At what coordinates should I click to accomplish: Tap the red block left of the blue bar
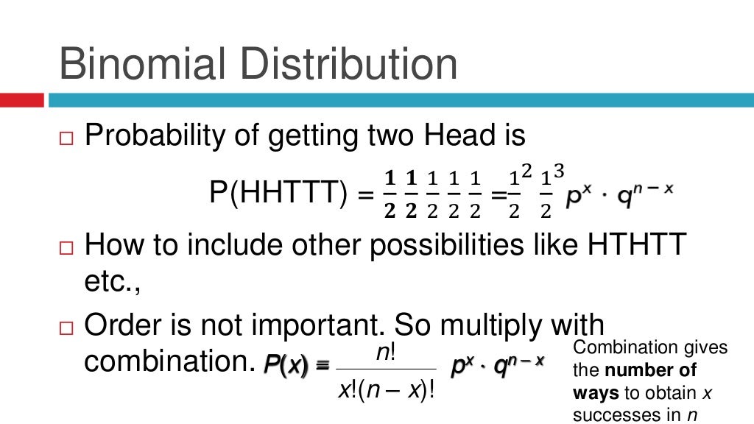tap(21, 100)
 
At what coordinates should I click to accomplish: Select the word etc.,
tap(112, 283)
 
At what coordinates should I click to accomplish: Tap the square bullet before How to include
tap(68, 247)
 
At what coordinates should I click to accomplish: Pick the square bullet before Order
tap(68, 327)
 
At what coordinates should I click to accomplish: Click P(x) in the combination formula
tap(285, 363)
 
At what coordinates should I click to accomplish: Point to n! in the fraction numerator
tap(386, 353)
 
